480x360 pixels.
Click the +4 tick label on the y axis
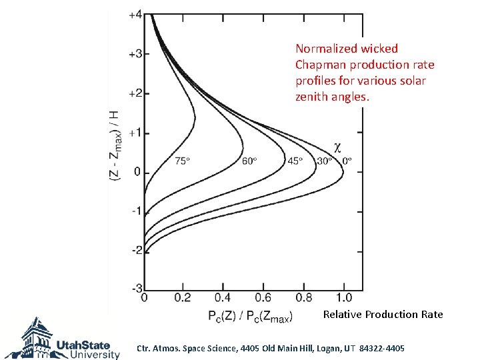click(135, 14)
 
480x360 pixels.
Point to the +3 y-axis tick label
click(135, 54)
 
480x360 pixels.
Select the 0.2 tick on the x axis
click(184, 297)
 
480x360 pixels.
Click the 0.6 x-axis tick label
click(263, 297)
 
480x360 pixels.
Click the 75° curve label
click(183, 161)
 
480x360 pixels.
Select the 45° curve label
click(295, 161)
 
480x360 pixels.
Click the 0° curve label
click(347, 161)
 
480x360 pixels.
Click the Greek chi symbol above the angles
click(337, 147)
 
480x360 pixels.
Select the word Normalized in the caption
click(327, 49)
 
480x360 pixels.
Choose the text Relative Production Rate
click(383, 315)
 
